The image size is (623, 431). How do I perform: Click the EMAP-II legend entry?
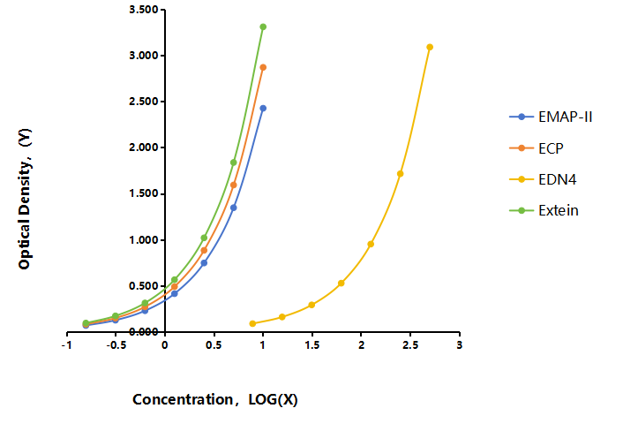pyautogui.click(x=551, y=117)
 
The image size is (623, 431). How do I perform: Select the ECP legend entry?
pyautogui.click(x=537, y=148)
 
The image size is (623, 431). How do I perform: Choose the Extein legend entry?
pyautogui.click(x=544, y=210)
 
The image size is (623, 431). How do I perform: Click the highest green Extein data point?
pyautogui.click(x=263, y=27)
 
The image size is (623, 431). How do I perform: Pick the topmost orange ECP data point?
pyautogui.click(x=263, y=68)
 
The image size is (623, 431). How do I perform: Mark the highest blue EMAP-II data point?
pyautogui.click(x=263, y=108)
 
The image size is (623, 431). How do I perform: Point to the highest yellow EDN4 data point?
pyautogui.click(x=430, y=48)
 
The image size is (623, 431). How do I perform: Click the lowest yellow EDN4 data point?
pyautogui.click(x=252, y=323)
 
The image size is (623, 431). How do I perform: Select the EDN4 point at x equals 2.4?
pyautogui.click(x=400, y=174)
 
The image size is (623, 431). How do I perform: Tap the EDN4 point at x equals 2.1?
pyautogui.click(x=371, y=244)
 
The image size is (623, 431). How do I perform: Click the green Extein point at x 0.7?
pyautogui.click(x=234, y=163)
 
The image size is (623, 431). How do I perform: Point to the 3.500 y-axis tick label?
pyautogui.click(x=144, y=10)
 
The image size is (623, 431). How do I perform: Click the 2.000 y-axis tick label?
pyautogui.click(x=144, y=147)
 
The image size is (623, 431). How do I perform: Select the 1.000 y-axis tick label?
pyautogui.click(x=144, y=239)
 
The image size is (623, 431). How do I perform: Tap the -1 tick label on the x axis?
pyautogui.click(x=67, y=345)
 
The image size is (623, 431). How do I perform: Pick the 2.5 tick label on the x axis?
pyautogui.click(x=410, y=345)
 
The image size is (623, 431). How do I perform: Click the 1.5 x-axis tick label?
pyautogui.click(x=311, y=345)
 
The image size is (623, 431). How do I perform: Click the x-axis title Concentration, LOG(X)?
pyautogui.click(x=215, y=399)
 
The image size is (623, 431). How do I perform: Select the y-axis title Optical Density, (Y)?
pyautogui.click(x=25, y=199)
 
